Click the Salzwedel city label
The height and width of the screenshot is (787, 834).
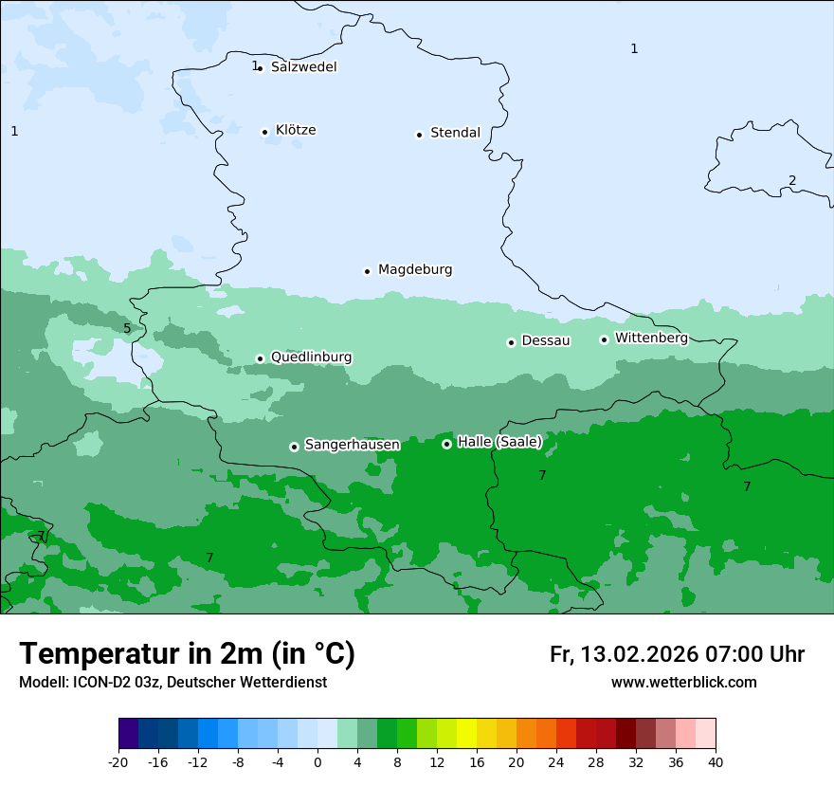point(303,67)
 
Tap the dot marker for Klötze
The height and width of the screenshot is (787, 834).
point(265,132)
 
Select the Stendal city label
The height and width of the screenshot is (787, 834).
point(455,133)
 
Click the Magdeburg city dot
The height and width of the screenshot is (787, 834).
point(367,271)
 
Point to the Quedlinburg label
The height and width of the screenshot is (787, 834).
point(311,357)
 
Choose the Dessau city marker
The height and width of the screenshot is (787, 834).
point(511,342)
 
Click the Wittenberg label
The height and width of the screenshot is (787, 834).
point(651,338)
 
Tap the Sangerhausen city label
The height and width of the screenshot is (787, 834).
point(352,445)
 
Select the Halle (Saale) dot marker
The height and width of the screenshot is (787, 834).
point(446,444)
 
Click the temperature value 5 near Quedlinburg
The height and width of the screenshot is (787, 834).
point(127,329)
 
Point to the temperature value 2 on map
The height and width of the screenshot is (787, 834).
point(792,181)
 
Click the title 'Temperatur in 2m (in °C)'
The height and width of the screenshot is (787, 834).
point(187,654)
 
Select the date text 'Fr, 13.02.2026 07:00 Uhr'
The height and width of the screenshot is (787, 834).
point(677,655)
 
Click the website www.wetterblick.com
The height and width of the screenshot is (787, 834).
point(683,683)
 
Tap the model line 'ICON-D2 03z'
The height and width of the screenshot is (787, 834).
point(172,683)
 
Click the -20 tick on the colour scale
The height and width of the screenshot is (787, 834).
point(118,761)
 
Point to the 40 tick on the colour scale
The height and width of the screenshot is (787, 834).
point(715,761)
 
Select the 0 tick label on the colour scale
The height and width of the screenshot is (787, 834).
point(317,761)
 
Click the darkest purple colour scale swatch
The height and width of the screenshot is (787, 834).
point(128,734)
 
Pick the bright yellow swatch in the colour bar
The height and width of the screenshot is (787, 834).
point(466,734)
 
